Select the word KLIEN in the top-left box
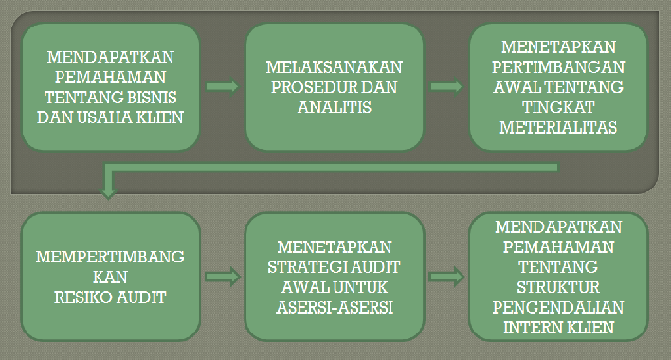pos(159,117)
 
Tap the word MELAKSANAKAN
pos(335,67)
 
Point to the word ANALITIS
pos(335,107)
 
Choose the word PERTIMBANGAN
pos(559,67)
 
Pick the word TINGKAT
pos(559,108)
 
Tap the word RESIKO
pos(85,297)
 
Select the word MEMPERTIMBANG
pos(110,258)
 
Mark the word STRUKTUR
pos(558,287)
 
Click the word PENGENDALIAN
pos(558,307)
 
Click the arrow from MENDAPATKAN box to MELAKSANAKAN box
pos(223,86)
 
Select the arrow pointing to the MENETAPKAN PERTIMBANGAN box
pos(445,86)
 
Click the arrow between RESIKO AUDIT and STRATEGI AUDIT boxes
pos(223,277)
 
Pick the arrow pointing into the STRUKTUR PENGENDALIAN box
pos(444,277)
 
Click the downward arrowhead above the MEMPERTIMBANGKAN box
pos(108,193)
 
